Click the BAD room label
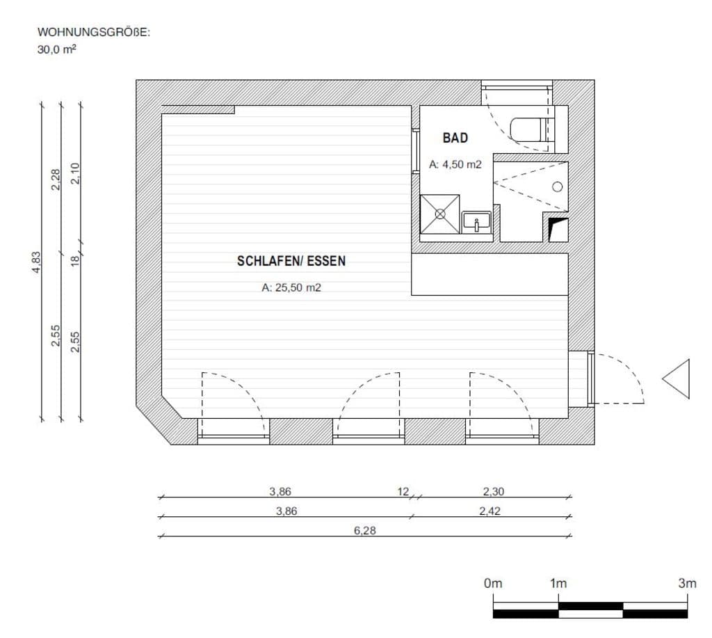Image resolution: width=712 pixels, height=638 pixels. (455, 138)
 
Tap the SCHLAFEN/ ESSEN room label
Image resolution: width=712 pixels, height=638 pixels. (291, 261)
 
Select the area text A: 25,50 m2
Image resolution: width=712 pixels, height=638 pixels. (291, 287)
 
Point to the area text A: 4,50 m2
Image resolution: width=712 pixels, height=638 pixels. (455, 164)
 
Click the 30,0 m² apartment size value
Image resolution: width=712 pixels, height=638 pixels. (57, 49)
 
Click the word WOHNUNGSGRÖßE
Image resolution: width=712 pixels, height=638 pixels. (92, 32)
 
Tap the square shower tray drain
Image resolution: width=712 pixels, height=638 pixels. (440, 214)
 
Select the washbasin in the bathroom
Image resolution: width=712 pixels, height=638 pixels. (476, 222)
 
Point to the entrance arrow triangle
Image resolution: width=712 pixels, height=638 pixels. (676, 379)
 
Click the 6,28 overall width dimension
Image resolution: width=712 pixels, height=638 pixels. (364, 530)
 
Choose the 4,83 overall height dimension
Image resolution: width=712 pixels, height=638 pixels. (36, 262)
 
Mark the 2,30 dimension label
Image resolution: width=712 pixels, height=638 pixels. (493, 491)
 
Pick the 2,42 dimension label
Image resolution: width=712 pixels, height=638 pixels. (489, 511)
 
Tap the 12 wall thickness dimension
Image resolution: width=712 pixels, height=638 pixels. (403, 491)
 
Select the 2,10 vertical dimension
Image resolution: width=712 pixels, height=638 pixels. (75, 173)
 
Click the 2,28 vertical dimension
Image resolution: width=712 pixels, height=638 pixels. (56, 180)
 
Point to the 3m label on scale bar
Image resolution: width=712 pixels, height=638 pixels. (687, 583)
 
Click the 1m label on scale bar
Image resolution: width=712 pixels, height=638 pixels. (558, 583)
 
